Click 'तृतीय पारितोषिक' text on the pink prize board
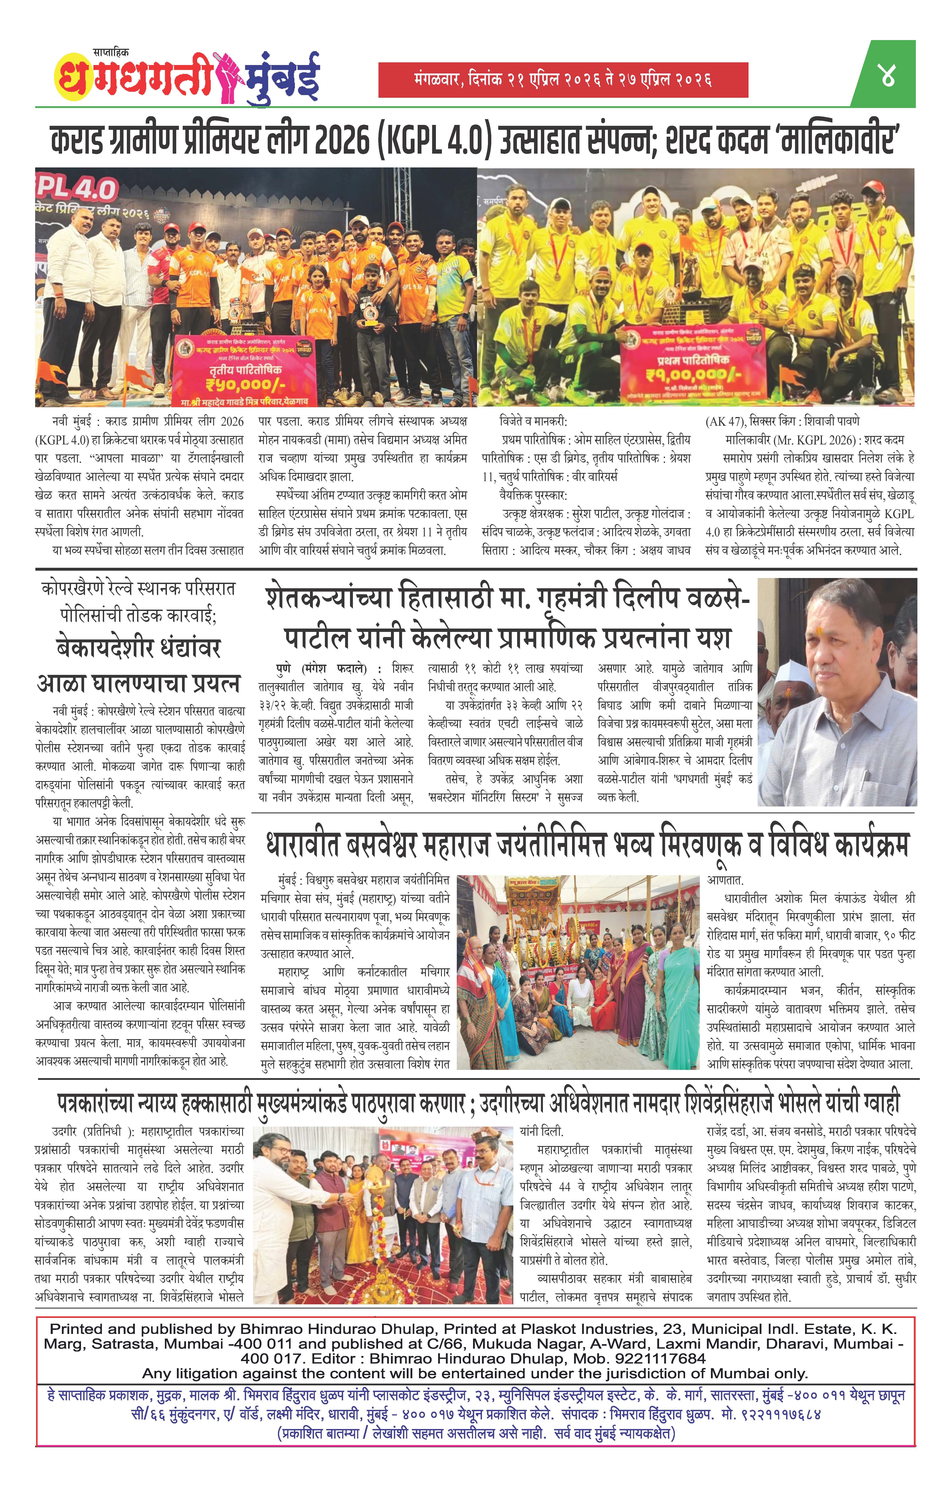point(237,369)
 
